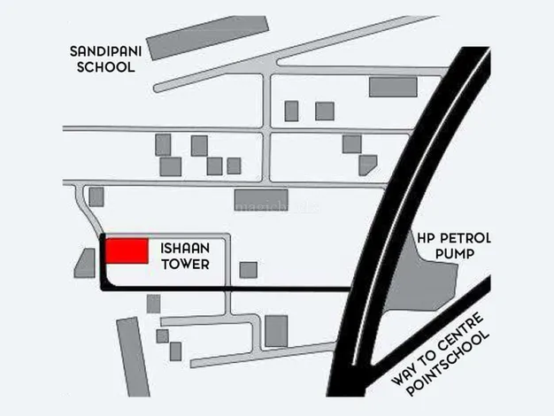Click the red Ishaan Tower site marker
click(127, 250)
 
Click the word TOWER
click(184, 263)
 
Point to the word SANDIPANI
click(104, 50)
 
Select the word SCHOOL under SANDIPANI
click(104, 66)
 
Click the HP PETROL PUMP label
click(452, 246)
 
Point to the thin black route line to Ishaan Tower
click(265, 289)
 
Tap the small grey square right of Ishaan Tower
click(249, 270)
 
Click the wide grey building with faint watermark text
click(260, 200)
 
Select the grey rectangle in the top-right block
click(392, 87)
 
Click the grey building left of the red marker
click(86, 264)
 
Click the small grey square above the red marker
click(96, 196)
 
